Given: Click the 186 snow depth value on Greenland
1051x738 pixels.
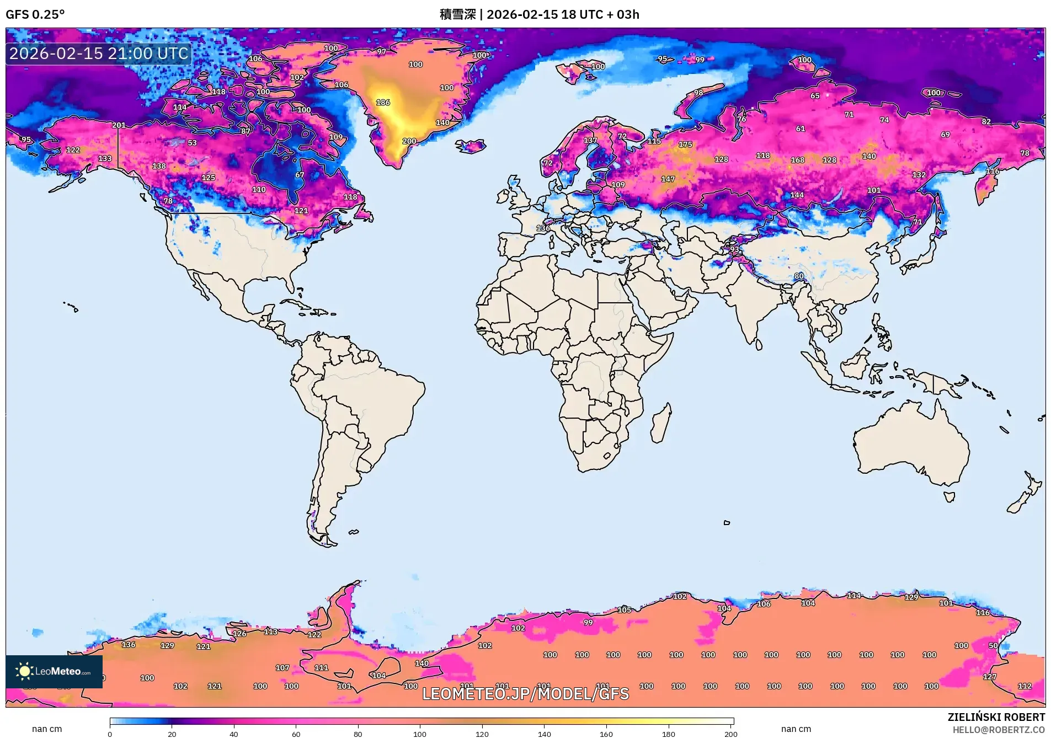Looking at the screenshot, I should [383, 103].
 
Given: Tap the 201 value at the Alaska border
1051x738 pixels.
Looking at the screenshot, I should [119, 125].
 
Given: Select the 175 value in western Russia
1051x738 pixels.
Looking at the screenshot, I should [685, 145].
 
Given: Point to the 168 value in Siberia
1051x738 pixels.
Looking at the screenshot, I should [798, 160].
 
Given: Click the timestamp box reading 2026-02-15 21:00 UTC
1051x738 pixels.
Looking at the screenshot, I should [99, 54].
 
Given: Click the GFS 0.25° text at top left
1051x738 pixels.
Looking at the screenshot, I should [35, 14].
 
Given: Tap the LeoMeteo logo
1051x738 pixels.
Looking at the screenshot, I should [54, 671].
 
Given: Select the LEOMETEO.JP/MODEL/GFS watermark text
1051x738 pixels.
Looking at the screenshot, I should [525, 693].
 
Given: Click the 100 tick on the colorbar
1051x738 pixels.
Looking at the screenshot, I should [420, 734].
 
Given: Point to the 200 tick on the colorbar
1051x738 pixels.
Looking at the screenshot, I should [730, 734].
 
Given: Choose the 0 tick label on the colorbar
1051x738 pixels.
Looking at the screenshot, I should [110, 734].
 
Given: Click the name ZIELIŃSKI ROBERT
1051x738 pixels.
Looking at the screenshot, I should [996, 717].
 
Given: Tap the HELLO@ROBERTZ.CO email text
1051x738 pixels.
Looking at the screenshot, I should [999, 730].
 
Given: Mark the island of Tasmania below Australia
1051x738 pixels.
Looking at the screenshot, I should [949, 496].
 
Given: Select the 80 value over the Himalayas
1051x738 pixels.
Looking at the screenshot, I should [799, 276].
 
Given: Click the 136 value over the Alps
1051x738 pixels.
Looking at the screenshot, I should [543, 228].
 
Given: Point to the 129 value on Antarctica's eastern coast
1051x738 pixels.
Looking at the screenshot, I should [911, 597].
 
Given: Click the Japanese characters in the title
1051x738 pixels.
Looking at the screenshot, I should [457, 14].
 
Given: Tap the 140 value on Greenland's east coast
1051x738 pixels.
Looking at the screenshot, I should [442, 122].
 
